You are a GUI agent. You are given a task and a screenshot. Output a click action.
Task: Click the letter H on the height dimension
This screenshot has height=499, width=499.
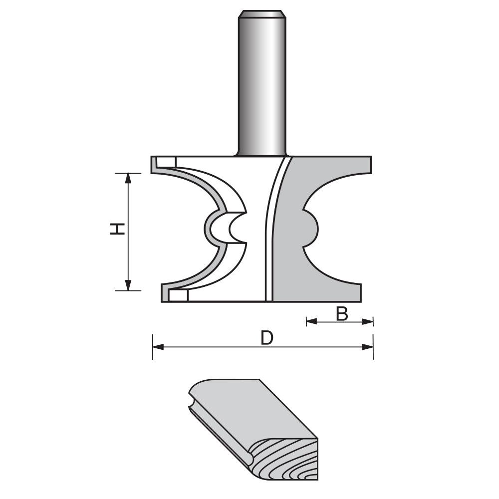tap(117, 230)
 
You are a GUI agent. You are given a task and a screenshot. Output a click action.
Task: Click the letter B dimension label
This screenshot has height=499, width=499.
tap(341, 314)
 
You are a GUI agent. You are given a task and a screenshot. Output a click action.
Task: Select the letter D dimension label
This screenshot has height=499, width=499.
tap(267, 338)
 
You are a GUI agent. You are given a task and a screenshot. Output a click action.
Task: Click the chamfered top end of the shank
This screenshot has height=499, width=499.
tap(262, 13)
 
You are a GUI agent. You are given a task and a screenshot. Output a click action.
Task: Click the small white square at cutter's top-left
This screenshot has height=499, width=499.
tap(166, 162)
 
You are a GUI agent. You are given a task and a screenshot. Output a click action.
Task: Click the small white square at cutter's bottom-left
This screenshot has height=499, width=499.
tap(178, 296)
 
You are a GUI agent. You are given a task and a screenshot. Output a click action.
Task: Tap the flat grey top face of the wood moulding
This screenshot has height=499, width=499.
tap(249, 409)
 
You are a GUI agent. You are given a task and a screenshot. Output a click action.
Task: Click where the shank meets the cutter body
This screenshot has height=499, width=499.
tap(262, 155)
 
